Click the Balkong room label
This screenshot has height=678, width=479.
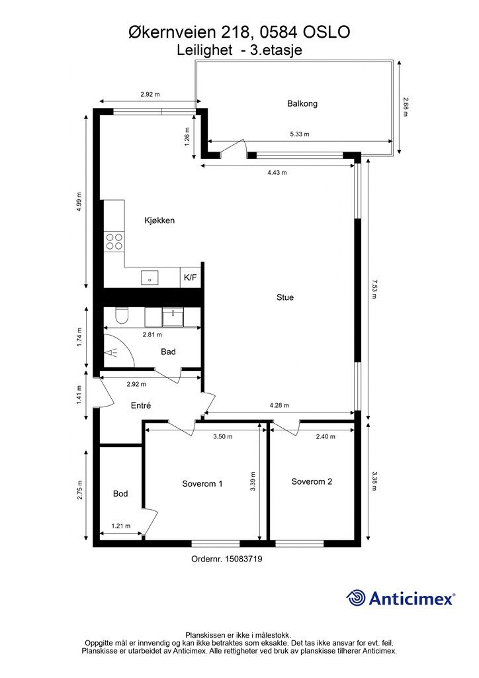click(x=302, y=103)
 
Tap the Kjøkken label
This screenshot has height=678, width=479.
click(x=159, y=220)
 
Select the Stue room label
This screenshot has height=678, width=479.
click(x=285, y=297)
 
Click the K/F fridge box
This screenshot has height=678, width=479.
click(x=191, y=277)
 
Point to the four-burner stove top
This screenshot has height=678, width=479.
click(x=114, y=241)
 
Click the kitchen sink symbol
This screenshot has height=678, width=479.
click(x=150, y=277)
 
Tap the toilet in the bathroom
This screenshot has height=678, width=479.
click(x=122, y=316)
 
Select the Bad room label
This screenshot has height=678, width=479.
click(x=168, y=352)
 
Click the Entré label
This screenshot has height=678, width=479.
click(x=141, y=406)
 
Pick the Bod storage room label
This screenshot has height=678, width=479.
click(x=120, y=493)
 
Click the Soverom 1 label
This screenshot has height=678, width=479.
click(x=202, y=483)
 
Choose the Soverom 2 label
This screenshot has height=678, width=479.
click(x=312, y=482)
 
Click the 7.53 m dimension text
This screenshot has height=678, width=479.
click(x=374, y=289)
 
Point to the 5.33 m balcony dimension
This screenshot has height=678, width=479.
click(x=300, y=134)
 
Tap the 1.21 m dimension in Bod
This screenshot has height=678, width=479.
click(x=121, y=526)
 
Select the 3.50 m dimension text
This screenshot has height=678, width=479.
click(x=223, y=437)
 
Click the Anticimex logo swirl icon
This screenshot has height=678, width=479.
click(x=355, y=598)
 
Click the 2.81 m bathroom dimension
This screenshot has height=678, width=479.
click(x=152, y=334)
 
